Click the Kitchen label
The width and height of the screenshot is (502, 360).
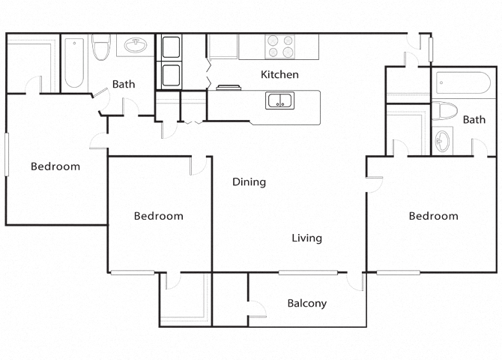point(279,74)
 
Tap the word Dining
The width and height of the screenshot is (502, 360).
point(250,181)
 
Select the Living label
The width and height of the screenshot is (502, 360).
point(306,238)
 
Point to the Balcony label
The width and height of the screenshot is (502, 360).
point(307,304)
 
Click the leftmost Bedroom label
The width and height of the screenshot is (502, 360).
point(55,166)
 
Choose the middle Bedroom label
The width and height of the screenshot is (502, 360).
point(158,216)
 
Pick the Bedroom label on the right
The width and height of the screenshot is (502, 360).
point(433,216)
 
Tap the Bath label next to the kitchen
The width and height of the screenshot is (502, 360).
point(124,84)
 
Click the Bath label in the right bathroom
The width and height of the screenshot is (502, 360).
point(474,119)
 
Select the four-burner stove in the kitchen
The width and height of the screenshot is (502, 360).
point(282,46)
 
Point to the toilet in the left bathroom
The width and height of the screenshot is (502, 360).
point(100,49)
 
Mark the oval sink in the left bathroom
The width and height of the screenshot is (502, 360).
point(135,47)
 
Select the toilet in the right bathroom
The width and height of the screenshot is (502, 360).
point(447,112)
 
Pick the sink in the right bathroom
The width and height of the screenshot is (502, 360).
point(444,140)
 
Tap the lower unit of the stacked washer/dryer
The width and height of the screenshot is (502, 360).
point(170,75)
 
